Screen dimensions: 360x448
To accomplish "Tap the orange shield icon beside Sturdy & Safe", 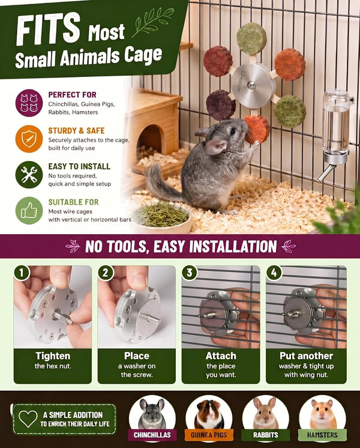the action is click(x=29, y=139).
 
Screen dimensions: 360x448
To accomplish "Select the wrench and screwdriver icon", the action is click(x=29, y=175).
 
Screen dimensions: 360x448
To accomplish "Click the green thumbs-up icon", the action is click(x=29, y=211).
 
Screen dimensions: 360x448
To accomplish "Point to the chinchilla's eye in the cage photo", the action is click(x=233, y=132).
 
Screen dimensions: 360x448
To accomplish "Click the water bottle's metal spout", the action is click(x=325, y=173).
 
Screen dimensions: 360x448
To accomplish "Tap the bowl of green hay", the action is click(x=162, y=218).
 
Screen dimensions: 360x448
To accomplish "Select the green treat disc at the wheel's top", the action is click(x=251, y=39).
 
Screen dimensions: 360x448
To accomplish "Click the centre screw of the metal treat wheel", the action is click(x=251, y=85).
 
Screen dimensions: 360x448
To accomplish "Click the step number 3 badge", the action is click(x=190, y=273).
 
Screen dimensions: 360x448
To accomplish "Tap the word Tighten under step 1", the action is click(x=53, y=356).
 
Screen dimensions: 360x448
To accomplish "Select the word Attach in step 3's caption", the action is click(x=221, y=356).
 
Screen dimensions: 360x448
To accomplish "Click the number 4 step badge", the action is click(x=274, y=273).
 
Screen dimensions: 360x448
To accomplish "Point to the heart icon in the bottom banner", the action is click(x=28, y=419).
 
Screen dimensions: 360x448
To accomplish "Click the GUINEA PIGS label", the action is click(x=209, y=435).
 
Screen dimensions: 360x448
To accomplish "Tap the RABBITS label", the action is click(x=266, y=435).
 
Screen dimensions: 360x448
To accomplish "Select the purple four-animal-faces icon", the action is click(x=29, y=103).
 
